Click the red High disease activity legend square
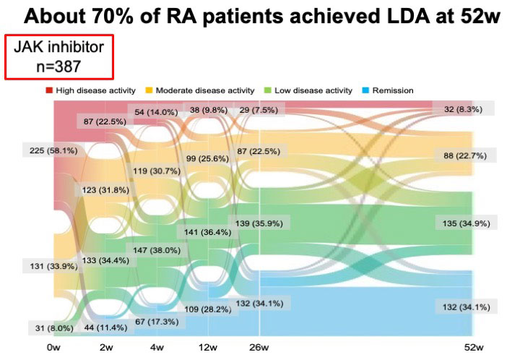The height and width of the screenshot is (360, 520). pos(49,90)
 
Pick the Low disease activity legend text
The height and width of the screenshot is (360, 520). pos(318,90)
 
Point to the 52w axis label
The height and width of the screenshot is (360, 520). pos(473,348)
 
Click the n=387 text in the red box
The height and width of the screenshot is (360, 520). pos(57,66)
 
